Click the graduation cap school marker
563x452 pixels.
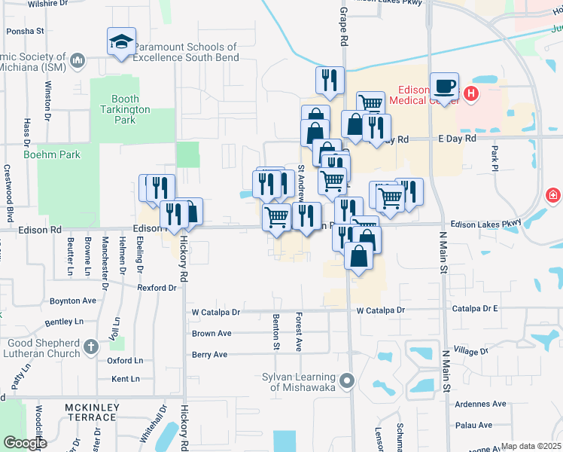click(x=121, y=43)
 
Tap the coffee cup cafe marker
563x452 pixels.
click(x=444, y=86)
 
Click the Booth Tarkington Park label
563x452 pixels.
click(x=125, y=109)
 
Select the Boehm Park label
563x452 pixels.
click(x=52, y=154)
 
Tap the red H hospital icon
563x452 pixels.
click(x=471, y=93)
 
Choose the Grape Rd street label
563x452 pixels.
click(x=343, y=26)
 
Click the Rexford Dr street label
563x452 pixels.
click(x=157, y=287)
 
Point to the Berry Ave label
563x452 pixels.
click(x=209, y=354)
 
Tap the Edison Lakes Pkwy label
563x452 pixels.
click(x=485, y=223)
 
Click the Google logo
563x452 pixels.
click(x=24, y=442)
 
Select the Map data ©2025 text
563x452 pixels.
click(x=530, y=446)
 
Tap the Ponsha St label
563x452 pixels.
click(x=26, y=32)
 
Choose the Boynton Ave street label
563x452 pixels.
click(x=73, y=300)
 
